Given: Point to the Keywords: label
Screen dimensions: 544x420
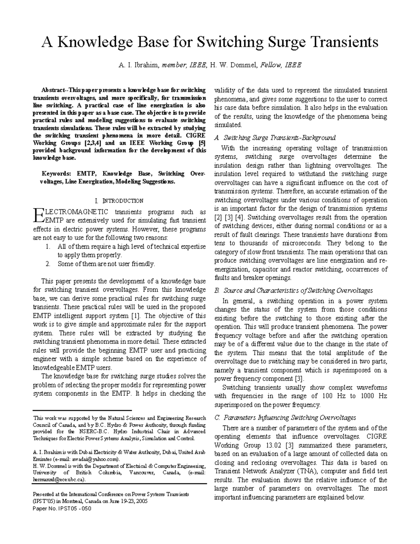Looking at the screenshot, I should coord(55,173).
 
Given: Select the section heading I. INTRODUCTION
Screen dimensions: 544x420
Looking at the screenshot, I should coord(119,201).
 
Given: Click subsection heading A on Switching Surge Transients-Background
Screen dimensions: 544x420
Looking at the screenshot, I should coord(275,137).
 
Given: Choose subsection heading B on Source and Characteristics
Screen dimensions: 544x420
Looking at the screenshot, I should coord(293,290).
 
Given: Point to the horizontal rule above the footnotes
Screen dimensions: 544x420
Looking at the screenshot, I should coord(82,410).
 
